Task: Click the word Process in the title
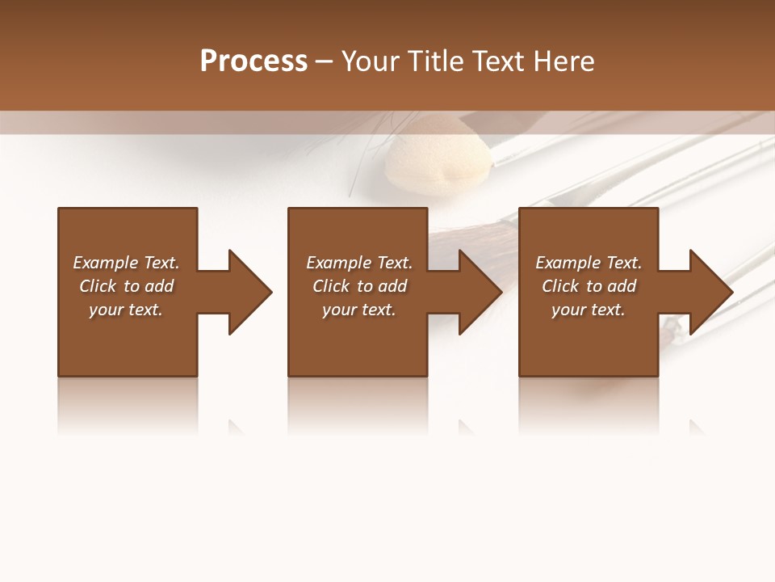tap(253, 61)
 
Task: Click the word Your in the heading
tap(371, 61)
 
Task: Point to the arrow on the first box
tap(242, 292)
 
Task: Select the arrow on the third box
tap(704, 292)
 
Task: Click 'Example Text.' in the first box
tap(126, 263)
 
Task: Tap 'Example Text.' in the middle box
tap(358, 263)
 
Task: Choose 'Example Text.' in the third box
tap(589, 263)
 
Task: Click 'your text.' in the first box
tap(126, 310)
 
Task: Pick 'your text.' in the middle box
tap(358, 310)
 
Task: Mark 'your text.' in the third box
tap(589, 310)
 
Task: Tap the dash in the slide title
tap(324, 62)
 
